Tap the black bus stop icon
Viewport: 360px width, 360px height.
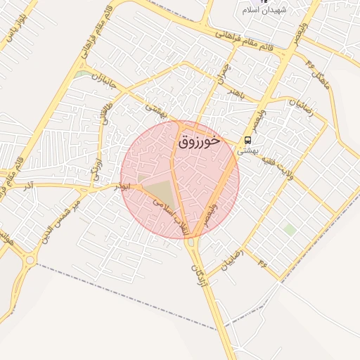247,141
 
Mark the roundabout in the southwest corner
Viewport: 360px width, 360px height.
29,261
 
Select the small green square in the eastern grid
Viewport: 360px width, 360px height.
289,229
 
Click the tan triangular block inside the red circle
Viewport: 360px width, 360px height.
160,193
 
